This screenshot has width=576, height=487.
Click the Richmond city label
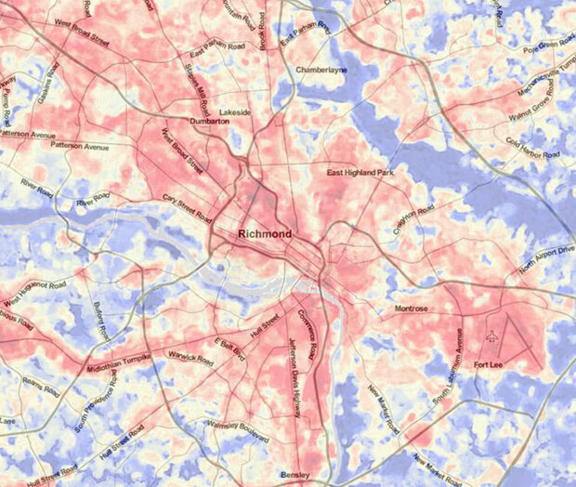tap(265, 232)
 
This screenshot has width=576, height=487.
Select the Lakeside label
tap(235, 112)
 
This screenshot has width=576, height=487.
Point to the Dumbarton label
tap(209, 122)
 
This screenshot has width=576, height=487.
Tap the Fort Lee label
tap(489, 364)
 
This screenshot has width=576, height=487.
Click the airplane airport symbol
tap(491, 336)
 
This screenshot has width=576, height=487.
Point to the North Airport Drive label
tap(542, 264)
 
